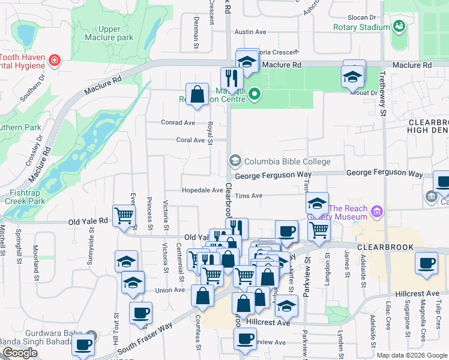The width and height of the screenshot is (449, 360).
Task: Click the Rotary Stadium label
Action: pos(362,27)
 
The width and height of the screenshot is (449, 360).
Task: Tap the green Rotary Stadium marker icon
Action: pos(398,26)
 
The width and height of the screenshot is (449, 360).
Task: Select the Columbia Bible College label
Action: pos(287,161)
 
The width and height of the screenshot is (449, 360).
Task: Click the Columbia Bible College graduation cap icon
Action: pos(235,161)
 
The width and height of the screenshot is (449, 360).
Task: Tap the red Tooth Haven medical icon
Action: pos(55,60)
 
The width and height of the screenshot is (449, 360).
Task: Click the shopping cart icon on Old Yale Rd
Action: pos(124,215)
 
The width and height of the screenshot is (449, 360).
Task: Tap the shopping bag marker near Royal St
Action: pos(197,94)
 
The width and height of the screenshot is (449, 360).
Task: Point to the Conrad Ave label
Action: pos(178,122)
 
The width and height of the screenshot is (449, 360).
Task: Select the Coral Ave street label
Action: pos(190,140)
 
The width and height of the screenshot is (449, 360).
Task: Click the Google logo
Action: pos(20,353)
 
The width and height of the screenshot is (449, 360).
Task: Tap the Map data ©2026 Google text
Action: pos(411,355)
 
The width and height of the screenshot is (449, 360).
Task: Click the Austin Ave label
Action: pos(250,32)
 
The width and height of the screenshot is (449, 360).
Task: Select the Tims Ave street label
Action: pos(249,196)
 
